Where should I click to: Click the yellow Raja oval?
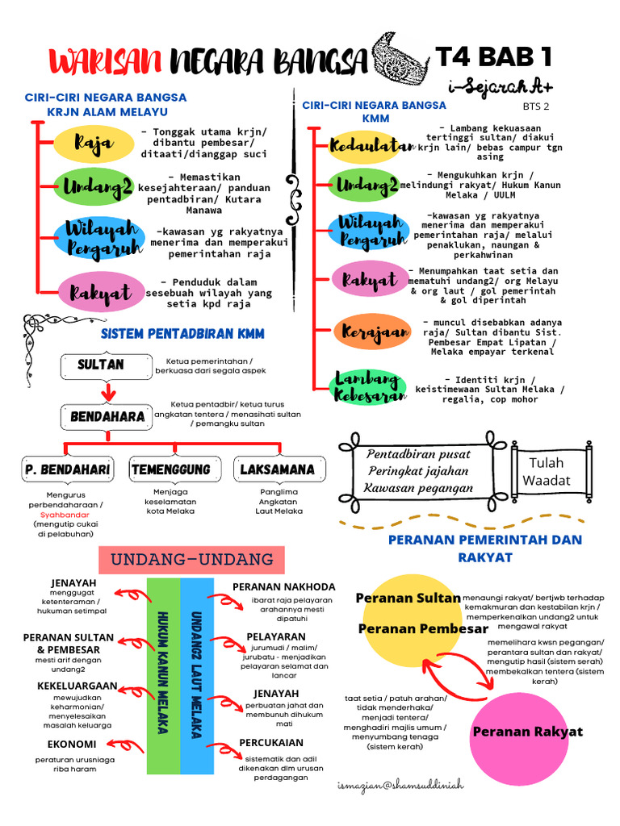pos(94,143)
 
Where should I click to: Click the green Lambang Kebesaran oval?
pos(368,387)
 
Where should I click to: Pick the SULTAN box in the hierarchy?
pos(101,365)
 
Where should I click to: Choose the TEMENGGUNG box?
pos(170,469)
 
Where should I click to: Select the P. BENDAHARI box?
pos(67,469)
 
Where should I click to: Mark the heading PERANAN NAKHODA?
pos(283,586)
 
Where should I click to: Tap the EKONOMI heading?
pos(72,744)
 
